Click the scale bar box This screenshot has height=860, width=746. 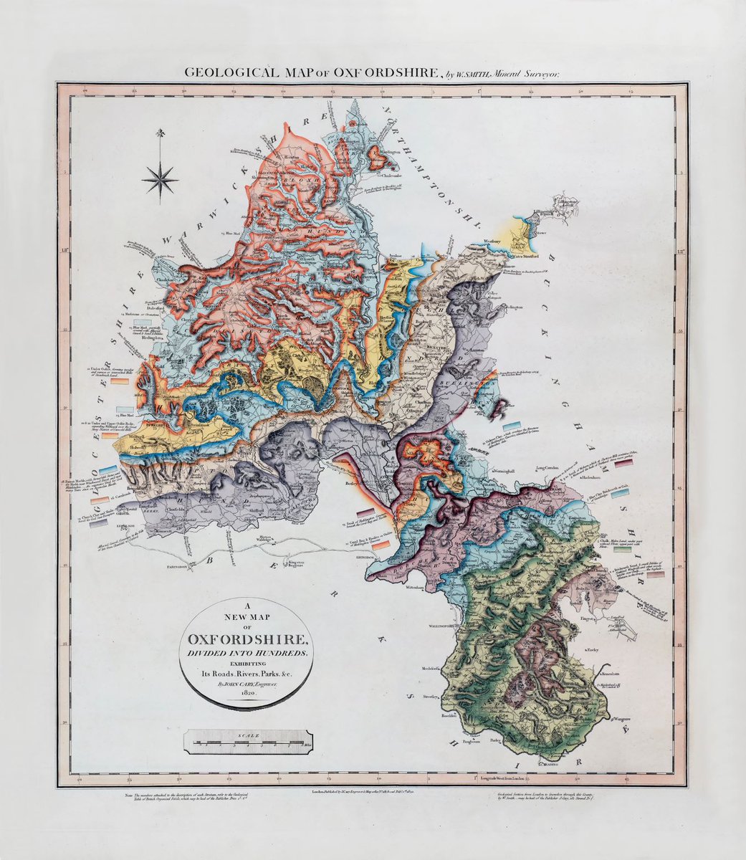(x=249, y=740)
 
